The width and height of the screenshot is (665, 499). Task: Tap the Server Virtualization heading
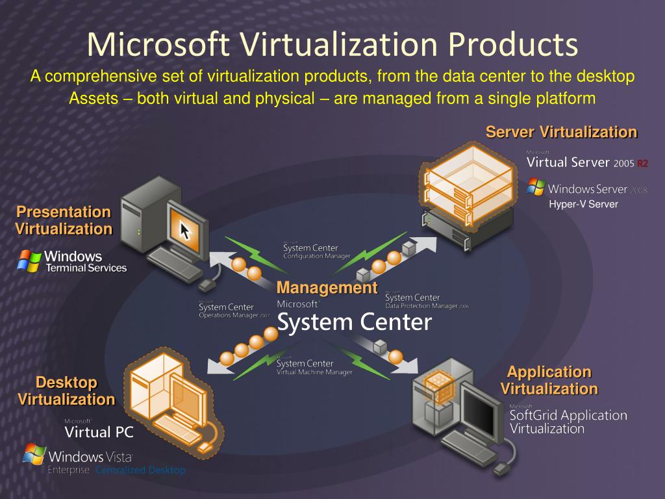(x=561, y=133)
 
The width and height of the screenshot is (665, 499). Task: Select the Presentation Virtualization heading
(x=64, y=220)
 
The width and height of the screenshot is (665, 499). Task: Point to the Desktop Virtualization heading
(x=66, y=390)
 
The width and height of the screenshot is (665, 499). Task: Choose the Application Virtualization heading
(x=549, y=380)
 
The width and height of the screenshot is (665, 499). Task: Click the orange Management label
(x=327, y=288)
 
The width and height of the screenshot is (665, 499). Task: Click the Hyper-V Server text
(x=583, y=204)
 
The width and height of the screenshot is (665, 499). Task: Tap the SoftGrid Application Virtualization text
(x=568, y=421)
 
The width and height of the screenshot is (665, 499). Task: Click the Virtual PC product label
(x=98, y=431)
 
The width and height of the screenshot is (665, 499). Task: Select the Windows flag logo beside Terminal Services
(x=29, y=261)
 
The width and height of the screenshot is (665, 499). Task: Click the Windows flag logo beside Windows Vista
(x=34, y=454)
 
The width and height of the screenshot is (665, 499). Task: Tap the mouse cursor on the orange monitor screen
(x=186, y=229)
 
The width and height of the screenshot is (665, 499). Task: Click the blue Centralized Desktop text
(x=140, y=470)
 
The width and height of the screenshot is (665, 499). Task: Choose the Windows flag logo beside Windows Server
(x=536, y=187)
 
